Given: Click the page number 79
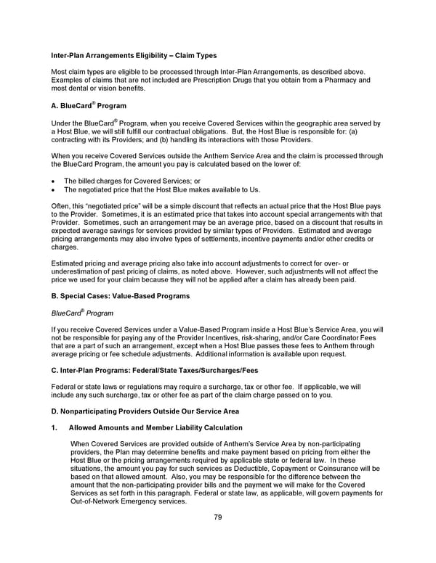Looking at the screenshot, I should pos(217,517).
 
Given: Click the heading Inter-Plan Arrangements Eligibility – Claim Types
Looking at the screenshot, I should pos(134,56).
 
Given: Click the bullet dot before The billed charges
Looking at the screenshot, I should pos(54,181).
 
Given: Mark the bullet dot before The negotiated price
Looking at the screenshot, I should pos(54,189).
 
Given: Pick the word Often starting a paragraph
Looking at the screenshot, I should pos(61,207).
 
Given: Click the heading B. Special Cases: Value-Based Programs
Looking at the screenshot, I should pos(121,297).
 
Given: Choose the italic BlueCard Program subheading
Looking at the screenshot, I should pos(82,314).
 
